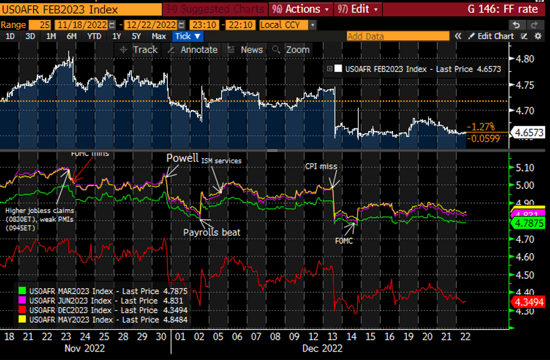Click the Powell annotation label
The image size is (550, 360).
click(x=178, y=158)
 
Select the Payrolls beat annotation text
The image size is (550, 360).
click(x=212, y=232)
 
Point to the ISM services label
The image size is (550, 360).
click(x=221, y=161)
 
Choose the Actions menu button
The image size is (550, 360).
click(x=301, y=9)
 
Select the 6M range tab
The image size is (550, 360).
click(x=71, y=36)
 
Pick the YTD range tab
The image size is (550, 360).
click(x=94, y=36)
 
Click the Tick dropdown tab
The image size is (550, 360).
click(x=187, y=36)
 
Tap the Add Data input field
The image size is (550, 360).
click(x=397, y=36)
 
